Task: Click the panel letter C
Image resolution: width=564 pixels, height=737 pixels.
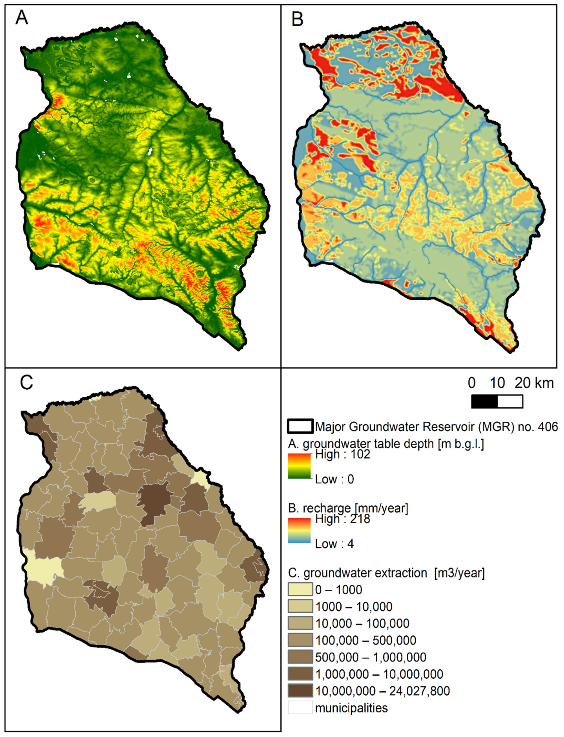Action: pyautogui.click(x=26, y=382)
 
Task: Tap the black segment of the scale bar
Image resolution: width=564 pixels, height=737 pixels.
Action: pyautogui.click(x=484, y=402)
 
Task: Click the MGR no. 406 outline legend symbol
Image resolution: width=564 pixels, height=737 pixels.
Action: pyautogui.click(x=300, y=426)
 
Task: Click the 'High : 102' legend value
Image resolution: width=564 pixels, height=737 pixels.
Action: pyautogui.click(x=342, y=454)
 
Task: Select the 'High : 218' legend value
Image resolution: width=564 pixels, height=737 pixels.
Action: pyautogui.click(x=342, y=519)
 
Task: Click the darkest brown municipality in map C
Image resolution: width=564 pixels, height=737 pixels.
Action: pyautogui.click(x=154, y=500)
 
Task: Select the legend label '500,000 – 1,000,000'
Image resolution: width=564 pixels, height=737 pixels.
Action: pyautogui.click(x=371, y=657)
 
